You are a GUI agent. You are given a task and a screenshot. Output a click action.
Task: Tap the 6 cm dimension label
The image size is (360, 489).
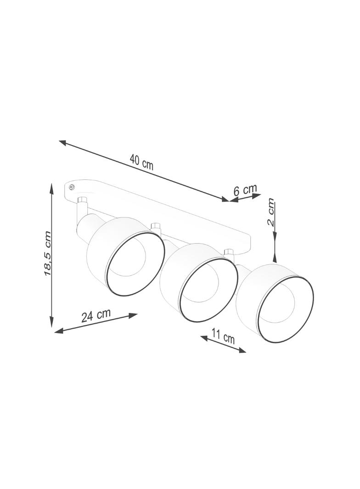point(245,189)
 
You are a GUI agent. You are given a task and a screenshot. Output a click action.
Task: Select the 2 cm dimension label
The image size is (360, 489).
point(270,212)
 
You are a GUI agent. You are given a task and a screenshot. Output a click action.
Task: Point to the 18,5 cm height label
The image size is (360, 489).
point(47,253)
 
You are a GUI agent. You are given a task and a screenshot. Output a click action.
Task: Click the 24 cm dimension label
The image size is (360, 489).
point(96,315)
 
